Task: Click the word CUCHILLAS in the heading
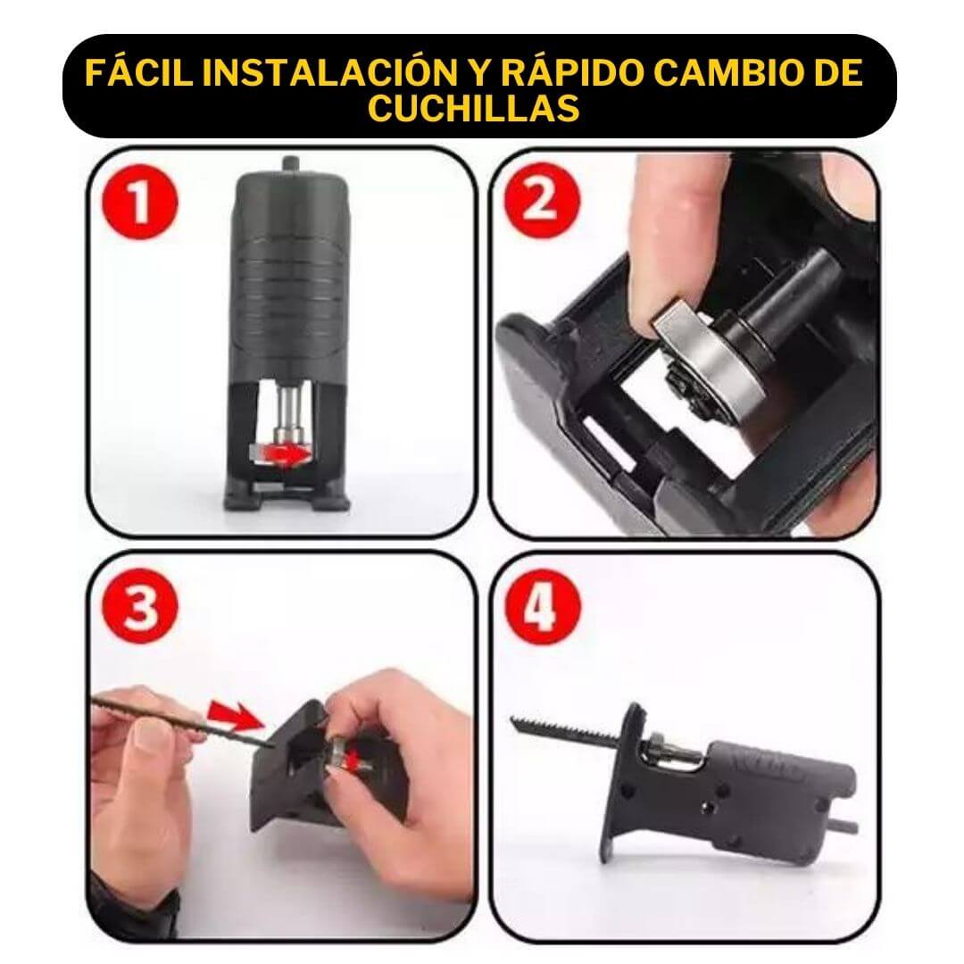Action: click(473, 108)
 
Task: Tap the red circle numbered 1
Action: click(140, 202)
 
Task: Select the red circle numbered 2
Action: click(543, 201)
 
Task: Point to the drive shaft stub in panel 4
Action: click(846, 826)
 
